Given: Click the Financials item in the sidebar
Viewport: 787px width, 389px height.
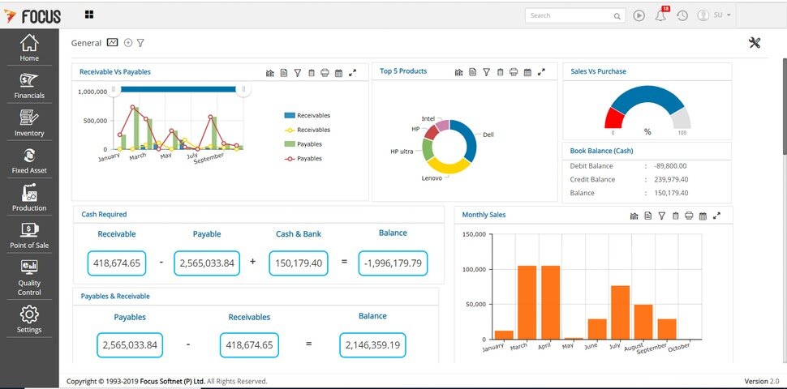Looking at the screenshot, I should click(29, 85).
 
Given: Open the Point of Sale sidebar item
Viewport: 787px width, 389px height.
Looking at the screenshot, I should click(29, 235).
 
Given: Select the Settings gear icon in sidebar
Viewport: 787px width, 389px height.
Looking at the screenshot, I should click(29, 318).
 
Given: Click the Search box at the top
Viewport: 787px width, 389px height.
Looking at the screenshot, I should click(575, 15).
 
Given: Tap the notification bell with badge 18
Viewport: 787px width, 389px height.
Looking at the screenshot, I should click(661, 15).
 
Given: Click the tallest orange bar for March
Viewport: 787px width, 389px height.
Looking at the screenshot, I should click(527, 301).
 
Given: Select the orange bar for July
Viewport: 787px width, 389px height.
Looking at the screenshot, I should click(621, 312).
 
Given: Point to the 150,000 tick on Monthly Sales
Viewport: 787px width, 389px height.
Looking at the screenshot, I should click(472, 234).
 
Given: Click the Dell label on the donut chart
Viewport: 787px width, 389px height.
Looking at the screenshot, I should click(488, 135).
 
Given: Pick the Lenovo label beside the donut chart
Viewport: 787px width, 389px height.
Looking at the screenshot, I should click(432, 177).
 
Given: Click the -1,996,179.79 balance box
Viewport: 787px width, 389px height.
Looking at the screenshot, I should click(393, 263).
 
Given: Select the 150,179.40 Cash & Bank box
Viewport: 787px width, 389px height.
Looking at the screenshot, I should click(299, 263).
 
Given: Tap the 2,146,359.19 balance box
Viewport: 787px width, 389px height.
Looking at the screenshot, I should click(372, 344).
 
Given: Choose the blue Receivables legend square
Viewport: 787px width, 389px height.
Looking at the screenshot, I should click(290, 116).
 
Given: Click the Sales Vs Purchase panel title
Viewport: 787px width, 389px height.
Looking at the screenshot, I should click(598, 71).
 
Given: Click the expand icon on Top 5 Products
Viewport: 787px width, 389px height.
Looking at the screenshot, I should click(542, 72).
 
